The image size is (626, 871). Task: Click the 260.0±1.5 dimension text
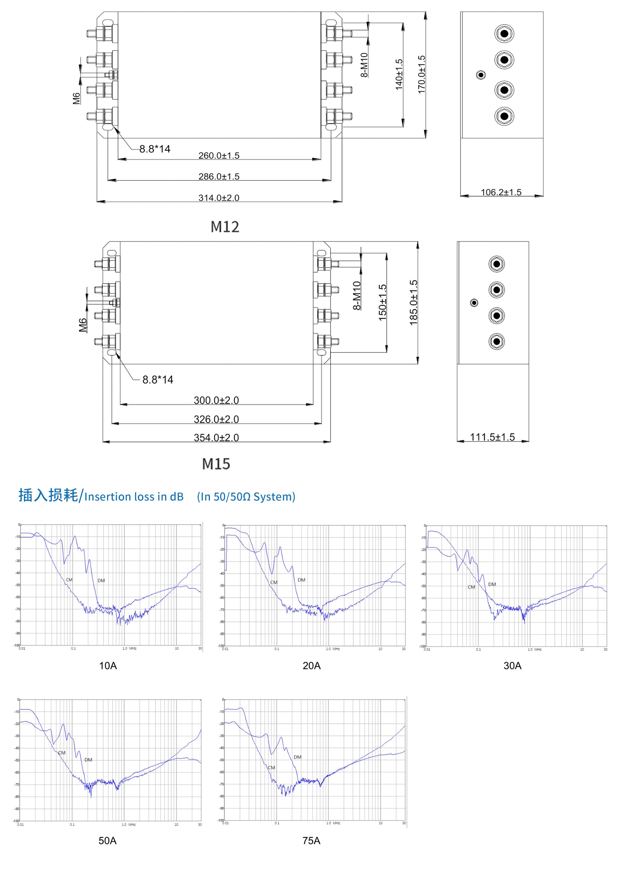click(x=219, y=155)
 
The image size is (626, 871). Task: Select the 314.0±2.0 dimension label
click(x=219, y=198)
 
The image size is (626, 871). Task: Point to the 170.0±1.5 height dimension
click(x=422, y=74)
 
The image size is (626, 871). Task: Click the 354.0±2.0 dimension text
click(x=216, y=437)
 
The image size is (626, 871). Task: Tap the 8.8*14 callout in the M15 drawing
click(x=158, y=380)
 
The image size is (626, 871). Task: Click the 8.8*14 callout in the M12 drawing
click(x=154, y=149)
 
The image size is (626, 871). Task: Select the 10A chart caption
click(x=108, y=666)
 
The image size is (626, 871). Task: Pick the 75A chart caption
click(x=311, y=841)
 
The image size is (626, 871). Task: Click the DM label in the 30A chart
click(x=492, y=584)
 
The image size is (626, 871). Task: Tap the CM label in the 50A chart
click(x=62, y=753)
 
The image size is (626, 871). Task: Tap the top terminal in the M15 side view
click(x=497, y=264)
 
